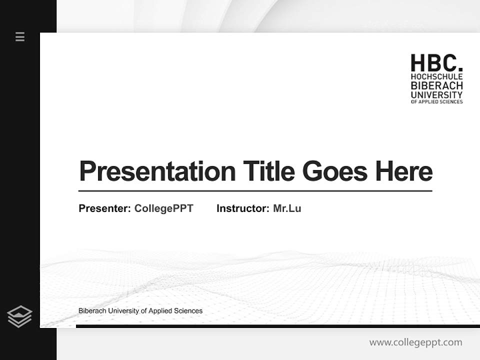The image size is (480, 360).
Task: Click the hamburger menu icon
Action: pyautogui.click(x=20, y=36)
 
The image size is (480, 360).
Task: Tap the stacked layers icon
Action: pyautogui.click(x=20, y=316)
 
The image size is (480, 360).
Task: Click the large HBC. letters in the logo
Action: pyautogui.click(x=436, y=63)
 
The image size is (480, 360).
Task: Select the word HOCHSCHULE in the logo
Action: pyautogui.click(x=436, y=77)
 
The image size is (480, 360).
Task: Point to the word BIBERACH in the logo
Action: pyautogui.click(x=436, y=85)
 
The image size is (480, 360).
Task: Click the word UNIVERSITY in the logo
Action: pyautogui.click(x=436, y=94)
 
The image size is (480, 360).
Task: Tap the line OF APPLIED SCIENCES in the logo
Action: pyautogui.click(x=436, y=101)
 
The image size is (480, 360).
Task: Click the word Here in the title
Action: pyautogui.click(x=403, y=171)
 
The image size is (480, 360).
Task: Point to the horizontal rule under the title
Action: pyautogui.click(x=255, y=191)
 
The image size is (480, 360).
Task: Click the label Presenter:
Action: pyautogui.click(x=105, y=208)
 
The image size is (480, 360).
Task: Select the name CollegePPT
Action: pyautogui.click(x=163, y=208)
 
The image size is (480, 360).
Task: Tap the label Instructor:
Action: pyautogui.click(x=243, y=208)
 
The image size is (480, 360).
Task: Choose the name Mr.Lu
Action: pyautogui.click(x=287, y=208)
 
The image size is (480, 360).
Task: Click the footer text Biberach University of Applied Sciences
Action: pyautogui.click(x=140, y=311)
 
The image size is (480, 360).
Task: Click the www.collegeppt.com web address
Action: pyautogui.click(x=415, y=342)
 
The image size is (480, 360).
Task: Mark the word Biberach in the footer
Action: pyautogui.click(x=92, y=311)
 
